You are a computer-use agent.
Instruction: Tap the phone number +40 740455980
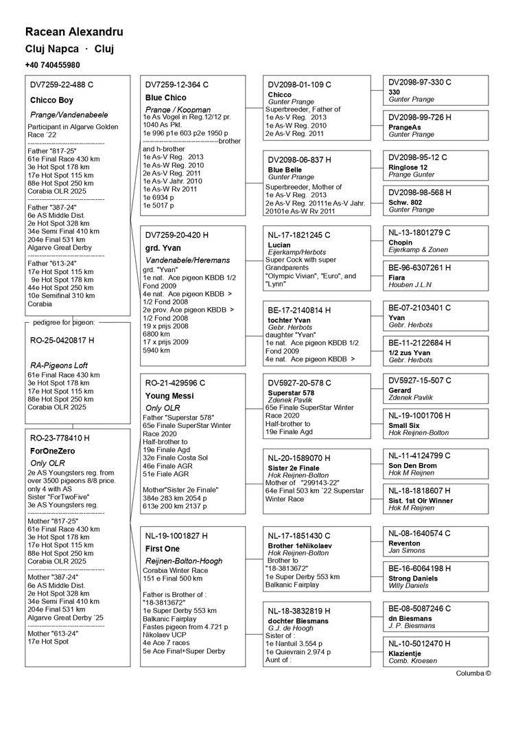click(52, 65)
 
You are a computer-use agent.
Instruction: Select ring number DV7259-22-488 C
click(62, 84)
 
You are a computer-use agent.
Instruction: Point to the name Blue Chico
click(165, 98)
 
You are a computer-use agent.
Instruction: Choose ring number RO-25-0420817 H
click(61, 340)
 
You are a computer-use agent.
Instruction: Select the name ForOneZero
click(52, 451)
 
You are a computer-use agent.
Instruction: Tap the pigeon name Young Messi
click(169, 396)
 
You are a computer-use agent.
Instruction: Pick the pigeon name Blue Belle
click(285, 170)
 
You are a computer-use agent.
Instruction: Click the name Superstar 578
click(291, 392)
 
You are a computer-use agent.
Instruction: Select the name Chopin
click(401, 243)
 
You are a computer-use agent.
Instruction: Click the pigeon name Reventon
click(404, 543)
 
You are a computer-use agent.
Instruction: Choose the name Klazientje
click(405, 653)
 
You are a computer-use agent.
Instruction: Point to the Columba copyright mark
click(473, 673)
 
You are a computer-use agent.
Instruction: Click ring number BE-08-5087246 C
click(420, 609)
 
